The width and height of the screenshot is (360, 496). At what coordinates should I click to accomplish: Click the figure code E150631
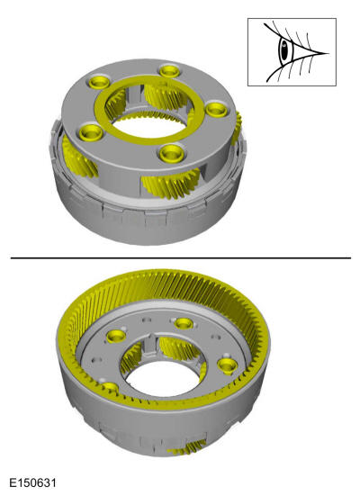32,483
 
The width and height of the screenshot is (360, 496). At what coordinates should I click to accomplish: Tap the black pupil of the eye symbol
284,50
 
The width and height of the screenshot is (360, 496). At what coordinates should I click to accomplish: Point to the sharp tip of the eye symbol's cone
328,53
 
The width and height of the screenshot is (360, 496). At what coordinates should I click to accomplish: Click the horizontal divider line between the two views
181,258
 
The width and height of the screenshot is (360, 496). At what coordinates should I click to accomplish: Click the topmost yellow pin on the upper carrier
170,70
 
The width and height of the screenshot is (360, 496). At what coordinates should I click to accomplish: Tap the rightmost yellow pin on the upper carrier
216,110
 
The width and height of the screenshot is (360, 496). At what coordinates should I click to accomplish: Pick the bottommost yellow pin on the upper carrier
172,153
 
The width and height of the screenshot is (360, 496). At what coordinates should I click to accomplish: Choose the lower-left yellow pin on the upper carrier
91,133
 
